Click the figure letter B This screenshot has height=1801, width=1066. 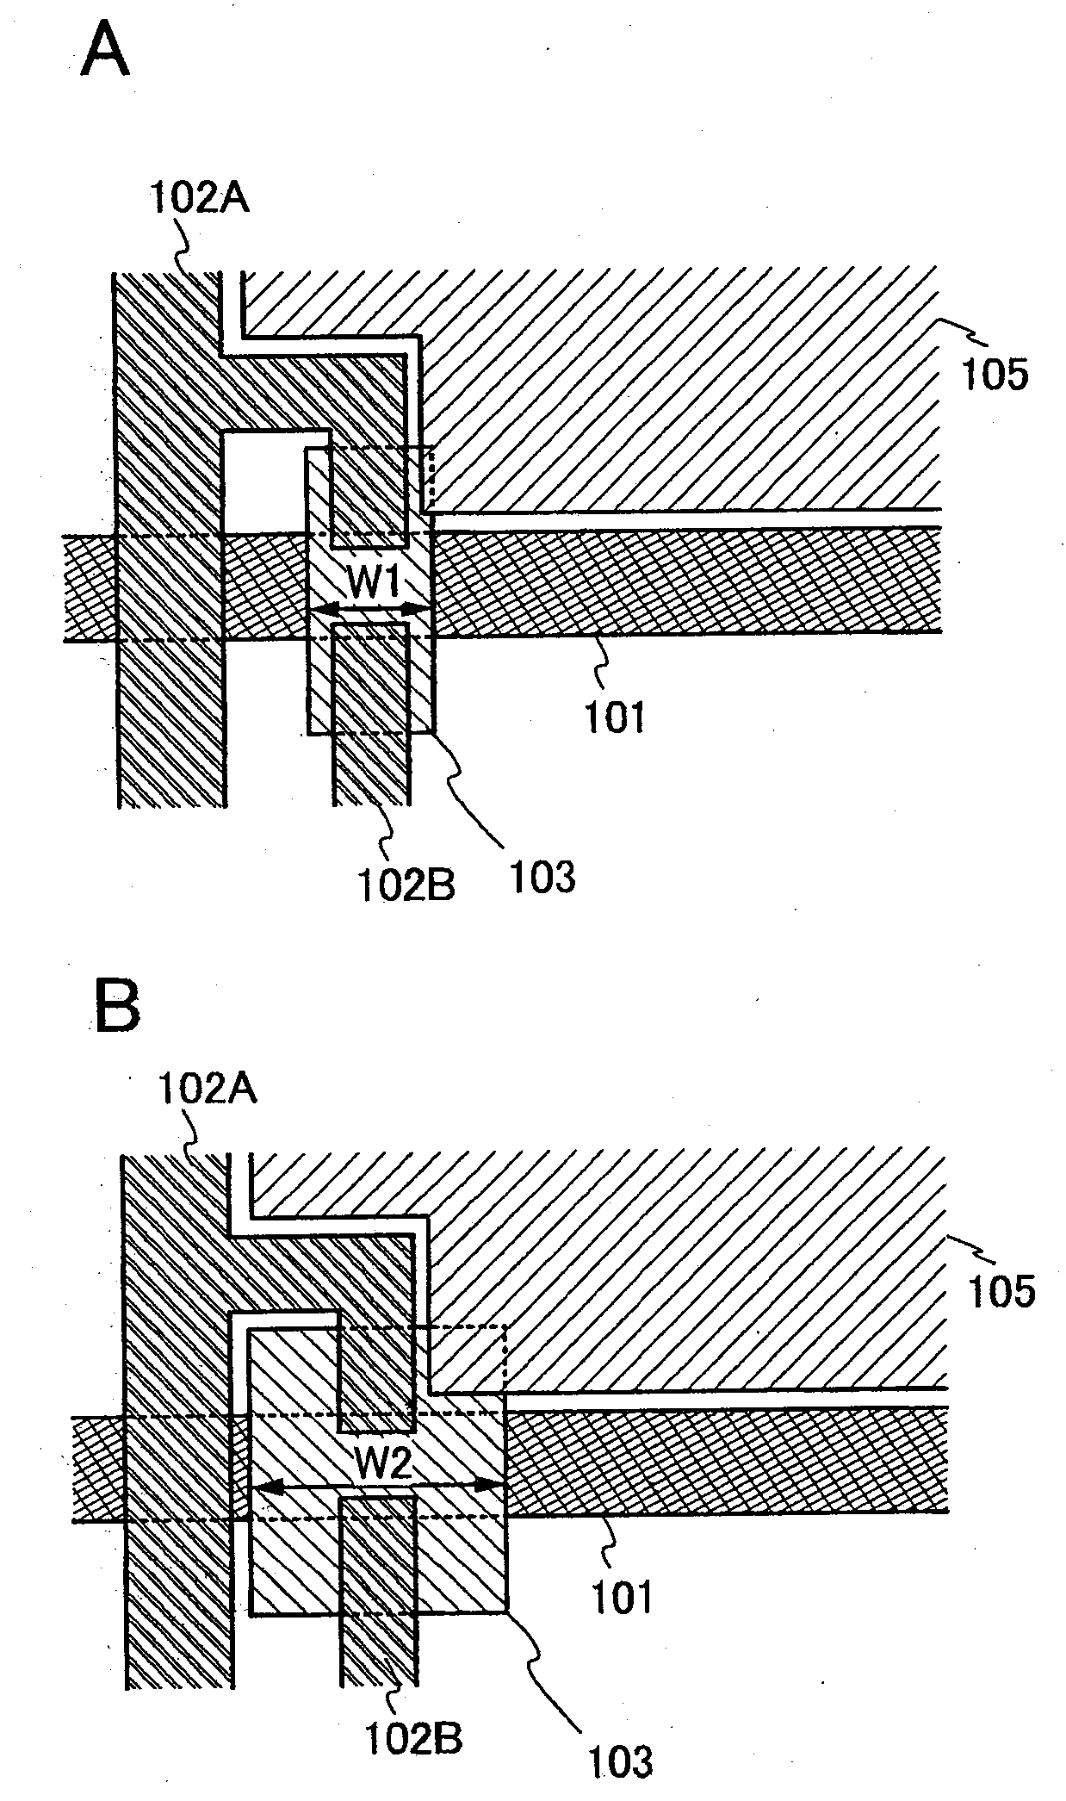click(x=116, y=1009)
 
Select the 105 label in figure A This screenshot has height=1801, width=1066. click(x=994, y=376)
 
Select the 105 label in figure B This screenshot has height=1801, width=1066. click(x=1001, y=1293)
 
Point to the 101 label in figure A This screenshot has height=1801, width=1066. click(x=615, y=717)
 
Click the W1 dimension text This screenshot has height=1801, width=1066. click(x=373, y=587)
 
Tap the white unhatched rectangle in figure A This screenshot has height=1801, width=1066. click(x=262, y=482)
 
